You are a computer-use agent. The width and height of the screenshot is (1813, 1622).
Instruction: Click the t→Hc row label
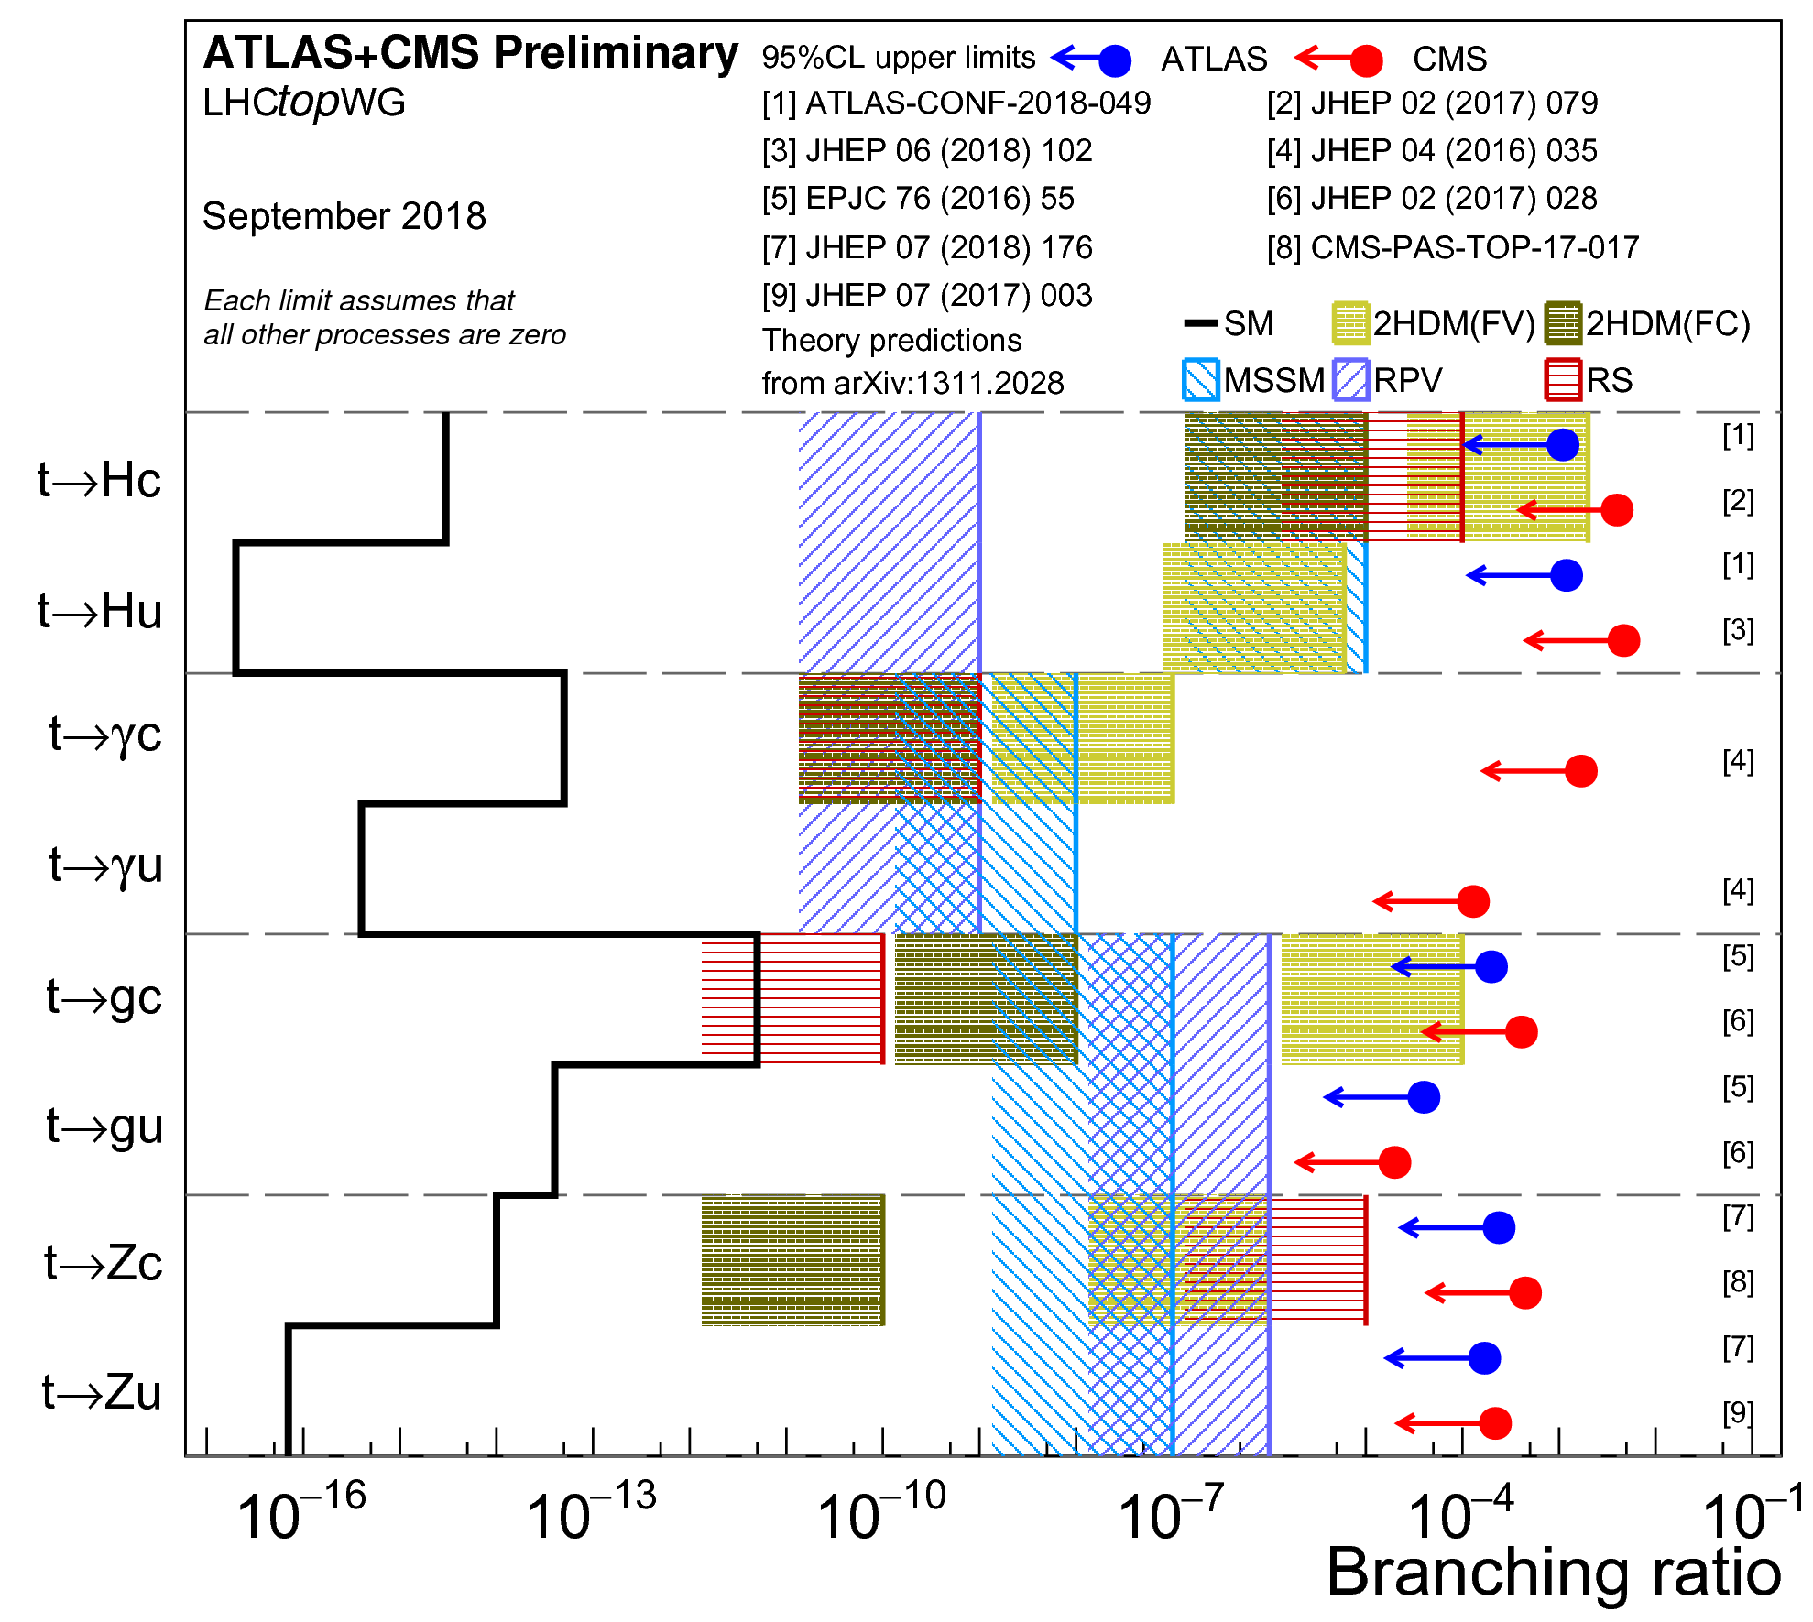click(99, 480)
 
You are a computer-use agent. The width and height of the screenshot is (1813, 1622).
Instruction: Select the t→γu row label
click(105, 865)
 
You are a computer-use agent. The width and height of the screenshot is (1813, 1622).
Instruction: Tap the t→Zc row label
click(103, 1263)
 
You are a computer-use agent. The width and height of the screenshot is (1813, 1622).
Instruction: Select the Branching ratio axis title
click(1554, 1573)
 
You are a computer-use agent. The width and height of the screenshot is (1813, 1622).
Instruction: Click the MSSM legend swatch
click(1200, 379)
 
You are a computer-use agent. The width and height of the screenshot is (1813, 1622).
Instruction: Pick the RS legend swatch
click(1563, 379)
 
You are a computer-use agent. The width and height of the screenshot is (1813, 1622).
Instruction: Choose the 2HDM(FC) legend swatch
click(1563, 323)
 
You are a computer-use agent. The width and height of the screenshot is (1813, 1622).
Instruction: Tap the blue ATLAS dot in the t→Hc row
click(1563, 445)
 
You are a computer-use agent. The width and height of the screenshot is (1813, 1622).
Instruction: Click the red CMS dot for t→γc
click(1581, 771)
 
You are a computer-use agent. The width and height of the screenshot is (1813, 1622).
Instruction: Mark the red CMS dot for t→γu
click(1473, 901)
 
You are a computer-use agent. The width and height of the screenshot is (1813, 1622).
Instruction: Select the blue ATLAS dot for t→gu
click(1424, 1096)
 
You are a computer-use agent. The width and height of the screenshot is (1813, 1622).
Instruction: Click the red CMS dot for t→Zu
click(1495, 1423)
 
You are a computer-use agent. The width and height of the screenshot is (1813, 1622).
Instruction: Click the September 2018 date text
click(344, 217)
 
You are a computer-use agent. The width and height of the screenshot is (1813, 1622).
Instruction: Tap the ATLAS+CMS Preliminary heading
click(471, 53)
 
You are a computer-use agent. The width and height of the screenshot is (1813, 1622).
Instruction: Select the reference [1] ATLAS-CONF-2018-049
click(956, 103)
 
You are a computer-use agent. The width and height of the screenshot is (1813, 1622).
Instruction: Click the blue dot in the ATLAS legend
click(1114, 60)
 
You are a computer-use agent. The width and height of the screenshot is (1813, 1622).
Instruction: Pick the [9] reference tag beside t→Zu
click(1738, 1412)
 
